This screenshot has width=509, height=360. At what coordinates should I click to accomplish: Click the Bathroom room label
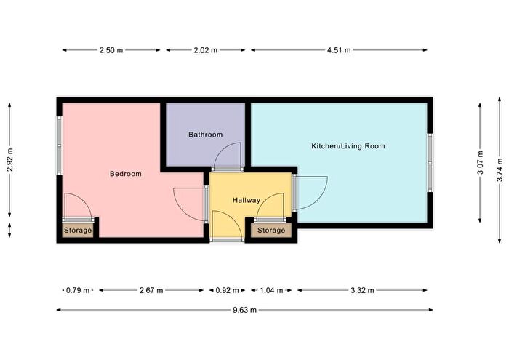tap(206, 135)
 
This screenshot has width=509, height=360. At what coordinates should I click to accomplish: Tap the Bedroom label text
tap(126, 174)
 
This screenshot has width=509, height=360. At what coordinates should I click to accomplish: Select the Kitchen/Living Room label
tap(348, 146)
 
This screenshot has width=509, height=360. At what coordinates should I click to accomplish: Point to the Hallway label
tap(247, 200)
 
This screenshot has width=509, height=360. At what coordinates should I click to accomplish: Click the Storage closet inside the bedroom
tap(78, 231)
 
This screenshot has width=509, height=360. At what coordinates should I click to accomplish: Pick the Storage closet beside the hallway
tap(271, 231)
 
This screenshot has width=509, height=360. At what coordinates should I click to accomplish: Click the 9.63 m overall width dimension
tap(245, 310)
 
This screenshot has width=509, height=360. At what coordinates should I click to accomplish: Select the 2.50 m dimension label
tap(111, 50)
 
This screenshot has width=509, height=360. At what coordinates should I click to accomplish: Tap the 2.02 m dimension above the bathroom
tap(206, 50)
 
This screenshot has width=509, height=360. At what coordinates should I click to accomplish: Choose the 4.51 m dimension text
tap(339, 50)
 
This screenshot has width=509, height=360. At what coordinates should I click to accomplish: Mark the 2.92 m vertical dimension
tap(9, 160)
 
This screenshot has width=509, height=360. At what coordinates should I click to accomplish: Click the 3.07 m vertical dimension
tap(481, 163)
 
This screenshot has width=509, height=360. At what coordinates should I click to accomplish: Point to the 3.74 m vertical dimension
tap(500, 169)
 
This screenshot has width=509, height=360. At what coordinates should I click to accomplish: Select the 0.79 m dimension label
tap(78, 290)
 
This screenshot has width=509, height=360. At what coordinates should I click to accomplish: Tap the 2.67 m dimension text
tap(151, 290)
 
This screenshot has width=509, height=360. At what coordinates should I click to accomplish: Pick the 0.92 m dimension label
tap(227, 290)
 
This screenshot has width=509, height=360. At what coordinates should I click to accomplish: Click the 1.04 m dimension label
tap(271, 290)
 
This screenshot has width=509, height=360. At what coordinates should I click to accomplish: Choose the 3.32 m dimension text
tap(362, 290)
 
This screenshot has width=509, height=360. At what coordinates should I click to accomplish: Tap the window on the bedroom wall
tap(60, 145)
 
